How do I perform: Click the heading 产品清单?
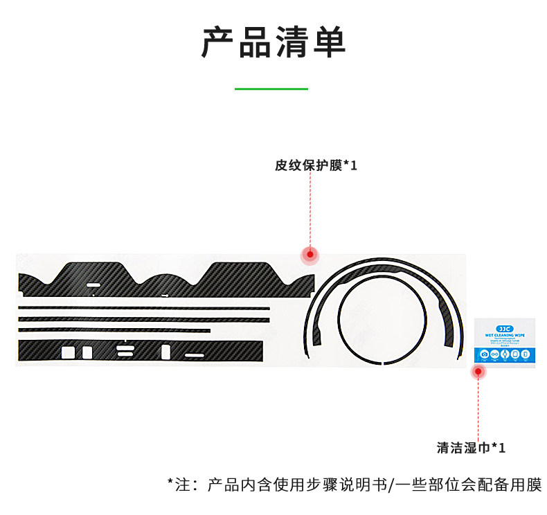point(273,42)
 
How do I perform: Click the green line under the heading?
point(271,89)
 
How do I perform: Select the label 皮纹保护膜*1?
point(316,166)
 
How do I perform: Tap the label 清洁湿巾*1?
point(471,447)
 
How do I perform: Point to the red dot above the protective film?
point(310,255)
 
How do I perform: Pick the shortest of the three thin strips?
point(114,330)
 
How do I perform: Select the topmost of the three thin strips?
point(144,308)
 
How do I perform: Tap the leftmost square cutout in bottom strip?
point(68,352)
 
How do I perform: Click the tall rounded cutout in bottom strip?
point(165,352)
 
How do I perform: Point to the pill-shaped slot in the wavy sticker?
point(93,284)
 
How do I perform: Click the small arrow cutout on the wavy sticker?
point(165,295)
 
